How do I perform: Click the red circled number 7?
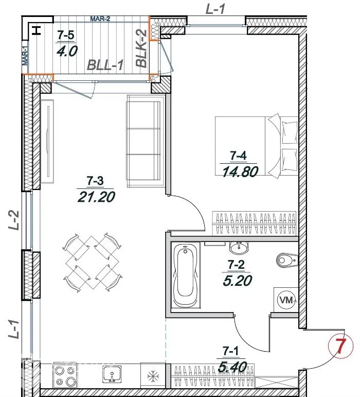pyautogui.click(x=340, y=347)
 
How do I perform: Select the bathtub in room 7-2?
pyautogui.click(x=186, y=275)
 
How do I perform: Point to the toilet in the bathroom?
pyautogui.click(x=287, y=260)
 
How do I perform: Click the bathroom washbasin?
pyautogui.click(x=239, y=247)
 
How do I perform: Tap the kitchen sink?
pyautogui.click(x=112, y=374)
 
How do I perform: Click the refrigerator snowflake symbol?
pyautogui.click(x=153, y=376)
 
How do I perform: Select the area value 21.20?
pyautogui.click(x=96, y=197)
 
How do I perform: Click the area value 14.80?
pyautogui.click(x=240, y=171)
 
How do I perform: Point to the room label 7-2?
pyautogui.click(x=236, y=265)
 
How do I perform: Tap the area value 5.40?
pyautogui.click(x=232, y=367)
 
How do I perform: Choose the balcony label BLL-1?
pyautogui.click(x=105, y=65)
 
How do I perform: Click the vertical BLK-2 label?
pyautogui.click(x=141, y=48)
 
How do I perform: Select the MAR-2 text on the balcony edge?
pyautogui.click(x=100, y=19)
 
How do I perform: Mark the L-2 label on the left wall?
pyautogui.click(x=14, y=220)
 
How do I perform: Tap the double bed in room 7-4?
pyautogui.click(x=256, y=145)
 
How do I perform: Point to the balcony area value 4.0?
pyautogui.click(x=67, y=51)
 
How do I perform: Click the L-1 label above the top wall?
pyautogui.click(x=215, y=10)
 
